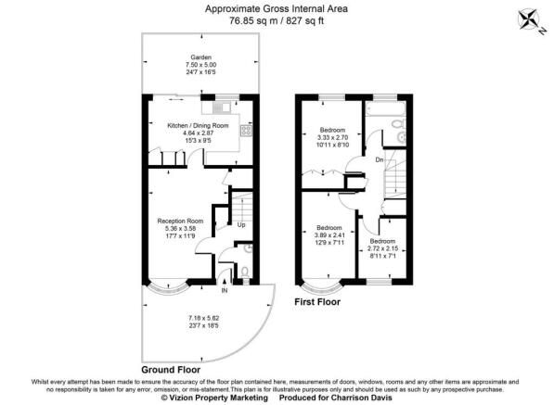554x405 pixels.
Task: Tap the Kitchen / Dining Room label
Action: pos(197,125)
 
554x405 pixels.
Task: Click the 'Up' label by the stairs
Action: pos(241,224)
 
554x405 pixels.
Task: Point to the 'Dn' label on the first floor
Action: pos(379,159)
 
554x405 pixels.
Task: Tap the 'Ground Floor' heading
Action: pos(172,369)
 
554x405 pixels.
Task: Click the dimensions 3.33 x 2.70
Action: pos(330,137)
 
